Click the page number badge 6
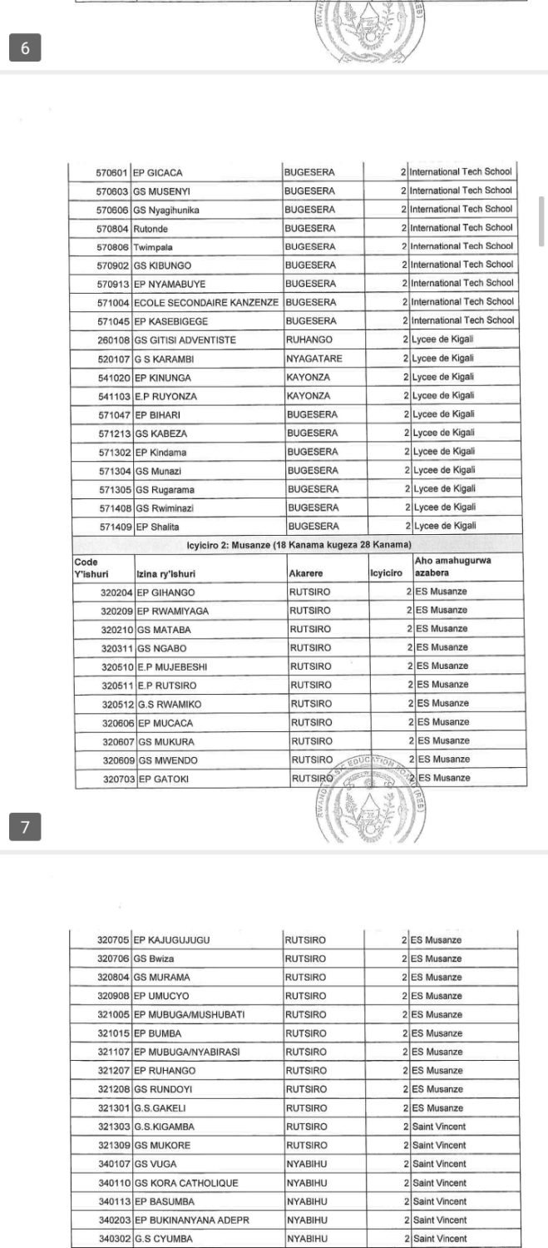[x=25, y=48]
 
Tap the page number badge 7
[x=25, y=826]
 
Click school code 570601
[x=111, y=173]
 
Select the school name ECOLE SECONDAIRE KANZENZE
[x=205, y=303]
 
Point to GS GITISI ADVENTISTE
[x=185, y=339]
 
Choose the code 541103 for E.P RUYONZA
[x=112, y=396]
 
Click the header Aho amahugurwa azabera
[x=453, y=567]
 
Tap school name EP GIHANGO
[x=166, y=592]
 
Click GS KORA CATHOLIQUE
[x=186, y=1182]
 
